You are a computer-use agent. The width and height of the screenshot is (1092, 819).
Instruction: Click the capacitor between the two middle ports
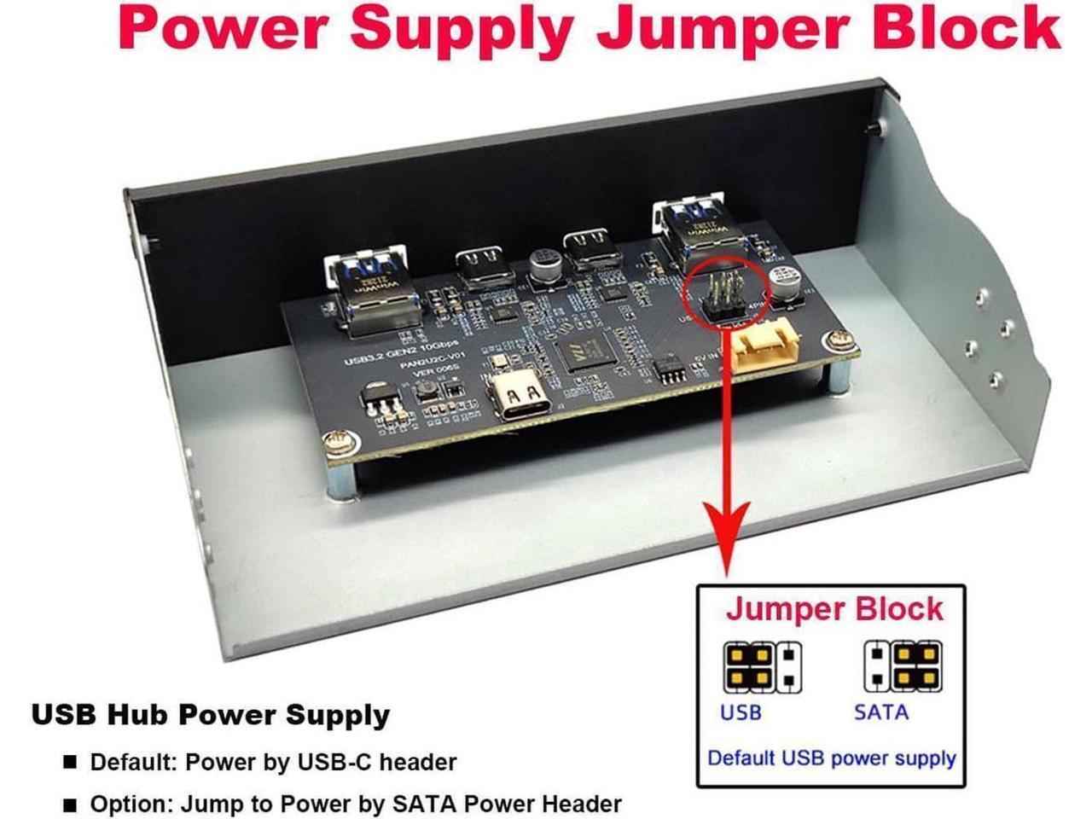pos(542,264)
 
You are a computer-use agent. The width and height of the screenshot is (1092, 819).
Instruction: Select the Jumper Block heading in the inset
pos(834,609)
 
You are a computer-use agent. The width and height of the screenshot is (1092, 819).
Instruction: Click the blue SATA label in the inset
pos(880,712)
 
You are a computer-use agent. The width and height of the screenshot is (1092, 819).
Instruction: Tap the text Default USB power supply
pos(832,758)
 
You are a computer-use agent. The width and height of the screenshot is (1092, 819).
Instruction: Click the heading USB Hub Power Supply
pos(210,715)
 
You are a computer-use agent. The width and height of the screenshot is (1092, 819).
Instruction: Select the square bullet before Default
pos(70,762)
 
